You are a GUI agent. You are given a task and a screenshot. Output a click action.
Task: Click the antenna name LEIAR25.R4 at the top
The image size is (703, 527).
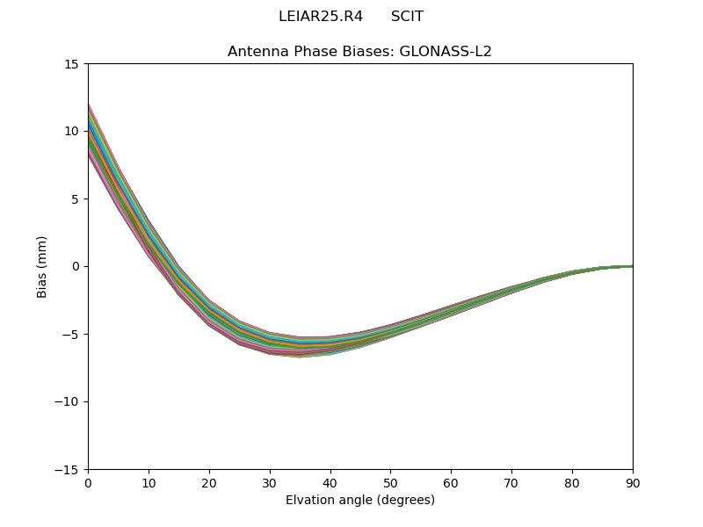(x=320, y=17)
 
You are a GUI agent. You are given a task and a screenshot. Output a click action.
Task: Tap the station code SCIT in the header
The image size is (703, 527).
(x=407, y=17)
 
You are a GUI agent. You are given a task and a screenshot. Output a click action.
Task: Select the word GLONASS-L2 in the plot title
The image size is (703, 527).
(x=446, y=52)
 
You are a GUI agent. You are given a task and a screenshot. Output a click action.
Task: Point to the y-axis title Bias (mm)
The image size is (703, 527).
(x=42, y=266)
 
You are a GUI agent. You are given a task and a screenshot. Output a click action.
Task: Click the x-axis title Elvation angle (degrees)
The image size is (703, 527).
(x=360, y=501)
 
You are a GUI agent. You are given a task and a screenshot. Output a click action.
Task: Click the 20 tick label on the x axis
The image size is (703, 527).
(x=209, y=482)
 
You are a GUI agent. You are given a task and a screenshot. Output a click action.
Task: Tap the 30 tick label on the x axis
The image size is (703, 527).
(x=270, y=482)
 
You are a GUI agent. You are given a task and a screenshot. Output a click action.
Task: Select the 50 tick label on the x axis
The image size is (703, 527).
(x=390, y=482)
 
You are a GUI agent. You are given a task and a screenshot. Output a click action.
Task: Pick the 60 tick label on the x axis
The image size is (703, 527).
(x=451, y=482)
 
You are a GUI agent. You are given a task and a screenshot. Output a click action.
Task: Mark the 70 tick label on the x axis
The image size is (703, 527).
(x=511, y=482)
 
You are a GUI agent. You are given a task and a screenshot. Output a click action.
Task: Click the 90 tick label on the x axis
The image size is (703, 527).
(x=632, y=482)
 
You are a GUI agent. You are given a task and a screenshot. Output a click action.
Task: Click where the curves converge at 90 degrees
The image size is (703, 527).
(x=631, y=266)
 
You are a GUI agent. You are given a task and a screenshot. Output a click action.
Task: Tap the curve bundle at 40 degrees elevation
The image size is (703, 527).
(x=330, y=345)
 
